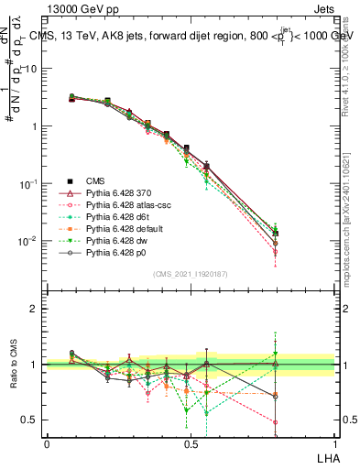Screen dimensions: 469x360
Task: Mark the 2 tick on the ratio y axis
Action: point(36,309)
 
